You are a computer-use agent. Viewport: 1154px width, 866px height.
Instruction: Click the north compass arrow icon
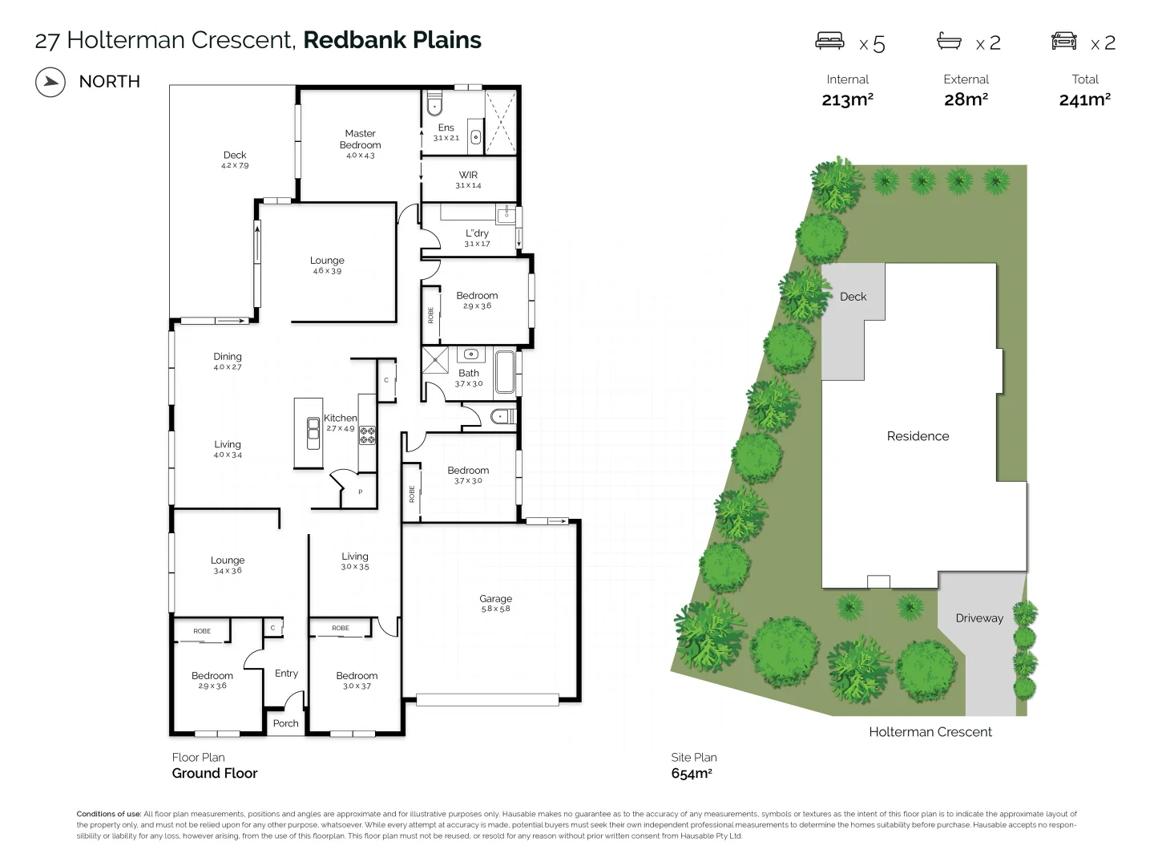(x=50, y=82)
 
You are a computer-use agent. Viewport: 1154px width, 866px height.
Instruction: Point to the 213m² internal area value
(x=847, y=99)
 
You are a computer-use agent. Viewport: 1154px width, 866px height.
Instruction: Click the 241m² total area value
(x=1084, y=99)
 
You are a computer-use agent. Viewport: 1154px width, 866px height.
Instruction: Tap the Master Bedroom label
(x=360, y=140)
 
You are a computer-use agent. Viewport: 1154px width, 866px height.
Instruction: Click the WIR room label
(x=468, y=175)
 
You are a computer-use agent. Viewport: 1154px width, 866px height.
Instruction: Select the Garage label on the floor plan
(x=495, y=599)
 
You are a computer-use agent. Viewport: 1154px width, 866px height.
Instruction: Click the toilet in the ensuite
(x=434, y=104)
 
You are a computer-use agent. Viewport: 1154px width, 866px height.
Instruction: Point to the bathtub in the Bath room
(x=505, y=371)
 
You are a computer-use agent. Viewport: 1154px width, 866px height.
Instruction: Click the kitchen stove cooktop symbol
(x=367, y=435)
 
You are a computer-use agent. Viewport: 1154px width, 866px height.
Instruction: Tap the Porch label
(x=285, y=723)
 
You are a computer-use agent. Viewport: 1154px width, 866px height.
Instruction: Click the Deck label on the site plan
(x=853, y=297)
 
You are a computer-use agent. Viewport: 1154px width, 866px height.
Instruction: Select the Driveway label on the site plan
(x=978, y=618)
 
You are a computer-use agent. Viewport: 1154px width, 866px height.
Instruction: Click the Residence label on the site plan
(x=918, y=436)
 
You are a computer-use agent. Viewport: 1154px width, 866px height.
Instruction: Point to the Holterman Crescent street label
(x=930, y=732)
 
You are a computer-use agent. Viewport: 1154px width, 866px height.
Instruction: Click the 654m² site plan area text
(x=692, y=774)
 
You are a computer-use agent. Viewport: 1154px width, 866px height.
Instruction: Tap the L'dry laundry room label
(x=477, y=233)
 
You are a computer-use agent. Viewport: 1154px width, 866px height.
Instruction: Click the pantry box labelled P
(x=360, y=492)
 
